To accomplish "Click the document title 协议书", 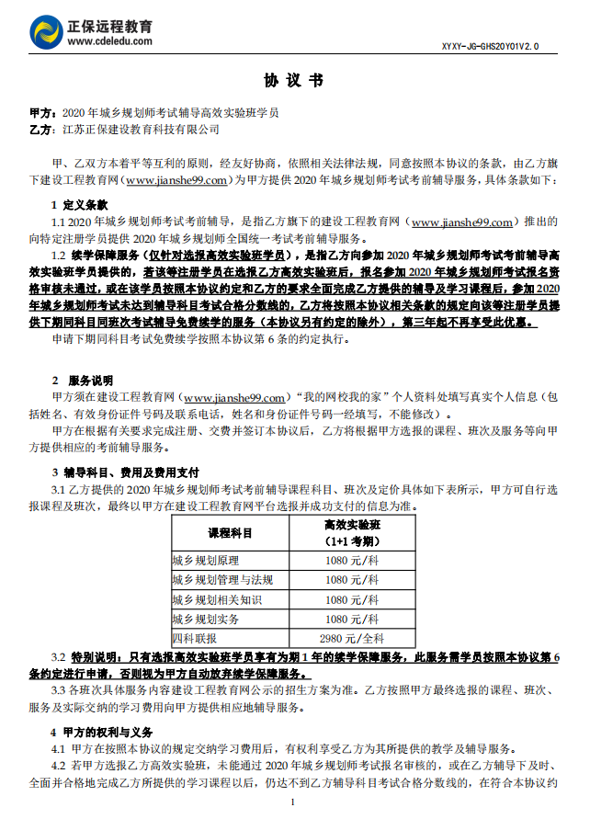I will pyautogui.click(x=294, y=81).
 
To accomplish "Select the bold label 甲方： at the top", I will pyautogui.click(x=43, y=113).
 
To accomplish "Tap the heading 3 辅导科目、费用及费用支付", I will pyautogui.click(x=125, y=472).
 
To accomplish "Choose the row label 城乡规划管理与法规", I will pyautogui.click(x=222, y=580).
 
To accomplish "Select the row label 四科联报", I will pyautogui.click(x=195, y=638).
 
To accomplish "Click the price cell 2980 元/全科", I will pyautogui.click(x=352, y=638).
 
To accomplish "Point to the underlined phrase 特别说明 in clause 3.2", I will pyautogui.click(x=95, y=657).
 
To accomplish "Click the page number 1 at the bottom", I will pyautogui.click(x=293, y=802).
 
